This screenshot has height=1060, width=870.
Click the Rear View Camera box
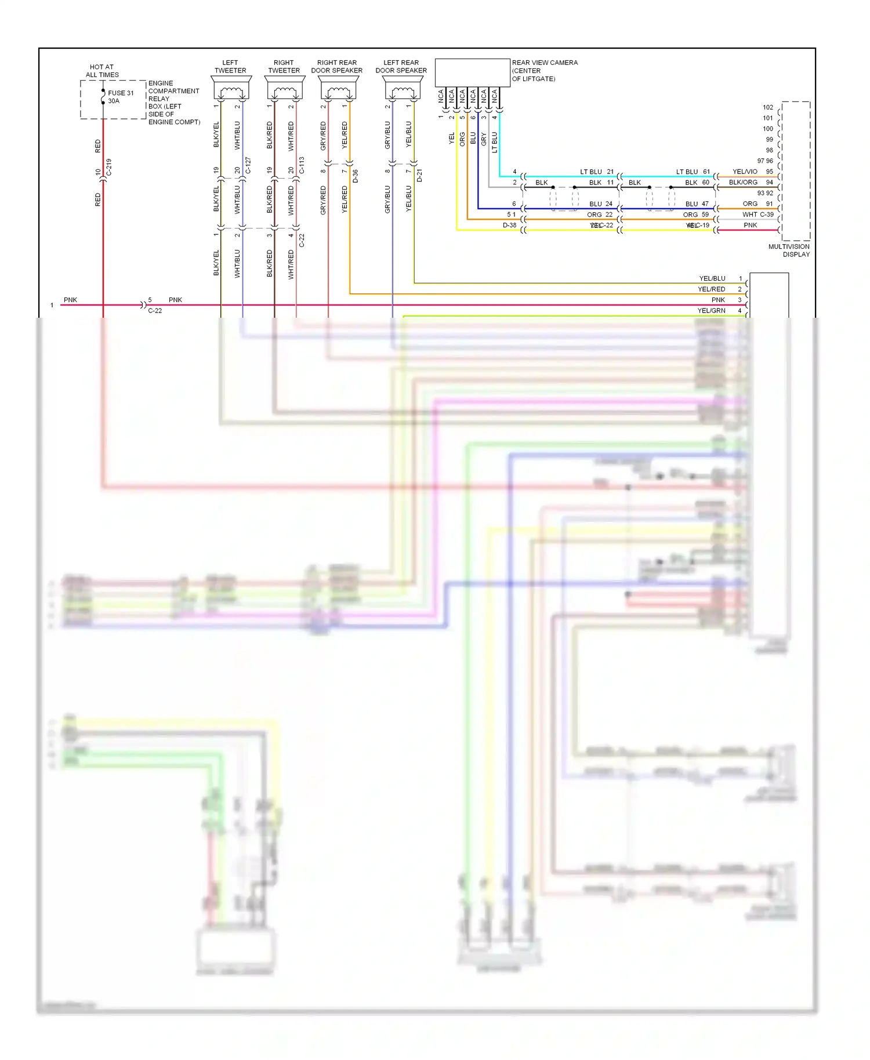coord(472,72)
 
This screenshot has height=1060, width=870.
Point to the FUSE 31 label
coord(121,93)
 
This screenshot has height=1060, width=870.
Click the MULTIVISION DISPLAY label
coord(789,251)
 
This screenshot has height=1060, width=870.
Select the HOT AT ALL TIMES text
coord(102,71)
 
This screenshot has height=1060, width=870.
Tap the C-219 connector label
coord(109,168)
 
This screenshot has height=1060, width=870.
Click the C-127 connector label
coord(248,165)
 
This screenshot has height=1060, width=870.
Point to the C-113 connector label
coord(302,165)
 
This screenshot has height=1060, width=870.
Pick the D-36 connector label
coord(355,176)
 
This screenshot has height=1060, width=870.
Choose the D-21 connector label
coord(419,176)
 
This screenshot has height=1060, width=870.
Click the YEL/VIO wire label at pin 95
coord(745,172)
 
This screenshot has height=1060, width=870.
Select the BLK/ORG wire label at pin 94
coord(743,182)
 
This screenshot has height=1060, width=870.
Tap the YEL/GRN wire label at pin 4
coord(711,311)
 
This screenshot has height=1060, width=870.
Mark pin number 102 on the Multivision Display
coord(768,107)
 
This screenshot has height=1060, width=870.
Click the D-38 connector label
coord(509,226)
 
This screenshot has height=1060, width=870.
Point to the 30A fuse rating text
coord(114,101)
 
